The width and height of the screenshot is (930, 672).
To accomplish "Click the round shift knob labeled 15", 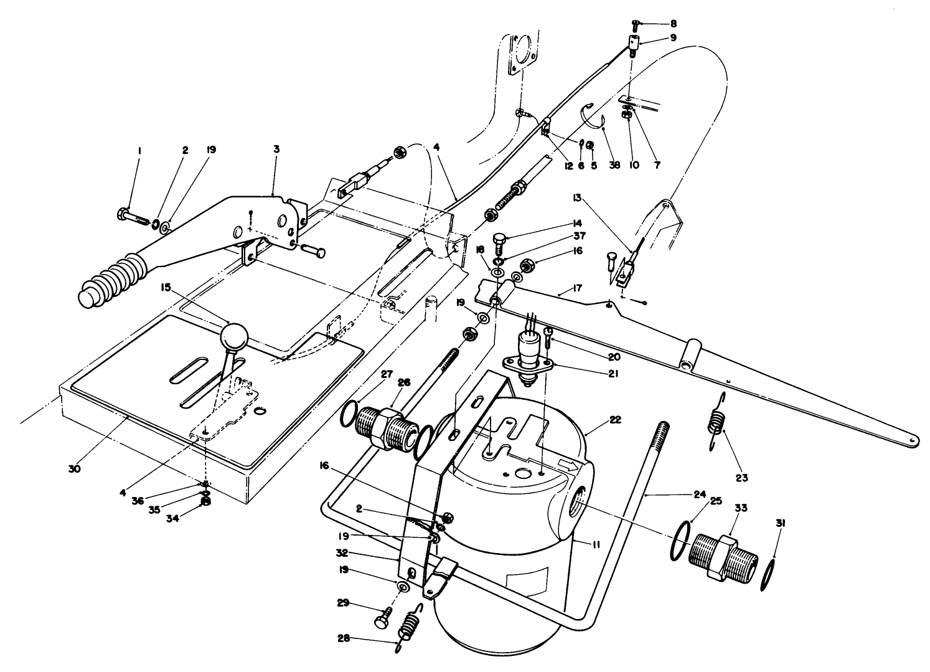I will coord(234,338).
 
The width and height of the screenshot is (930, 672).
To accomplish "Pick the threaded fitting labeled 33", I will coord(722,556).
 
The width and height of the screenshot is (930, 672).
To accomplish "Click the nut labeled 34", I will coord(205,500).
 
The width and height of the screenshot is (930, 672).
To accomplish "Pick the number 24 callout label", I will coord(699,495).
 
